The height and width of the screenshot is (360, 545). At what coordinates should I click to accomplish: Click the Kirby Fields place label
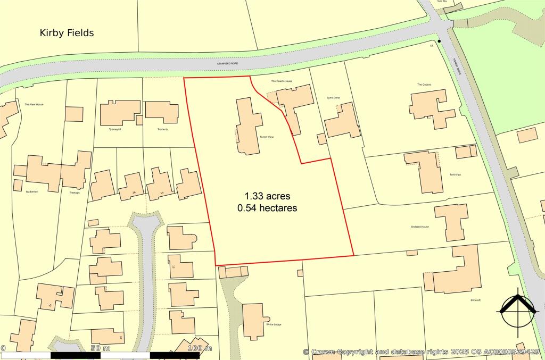click(67, 33)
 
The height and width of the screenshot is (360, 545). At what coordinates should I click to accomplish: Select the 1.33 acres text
click(268, 196)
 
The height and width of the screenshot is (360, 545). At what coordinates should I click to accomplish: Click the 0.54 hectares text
click(267, 208)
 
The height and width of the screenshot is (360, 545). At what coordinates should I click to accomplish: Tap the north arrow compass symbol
click(516, 311)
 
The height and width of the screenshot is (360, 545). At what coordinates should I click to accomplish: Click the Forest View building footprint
click(248, 125)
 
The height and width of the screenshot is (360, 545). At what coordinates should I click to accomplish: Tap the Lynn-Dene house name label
click(333, 98)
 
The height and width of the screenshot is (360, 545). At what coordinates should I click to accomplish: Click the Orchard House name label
click(419, 227)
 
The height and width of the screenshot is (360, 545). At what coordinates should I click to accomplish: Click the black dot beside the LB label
click(440, 41)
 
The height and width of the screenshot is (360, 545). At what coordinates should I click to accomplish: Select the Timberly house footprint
click(161, 112)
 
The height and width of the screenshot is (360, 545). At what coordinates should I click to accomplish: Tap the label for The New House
click(34, 104)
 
